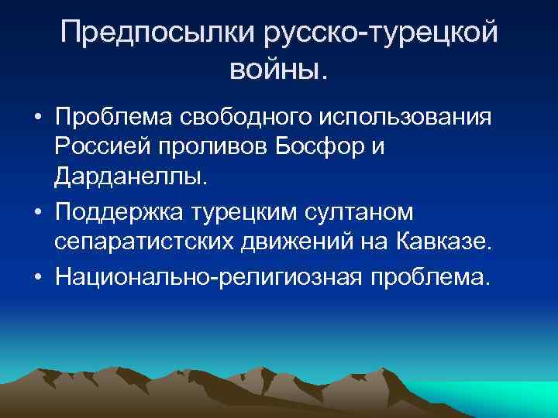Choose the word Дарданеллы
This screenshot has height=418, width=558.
(x=129, y=179)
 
